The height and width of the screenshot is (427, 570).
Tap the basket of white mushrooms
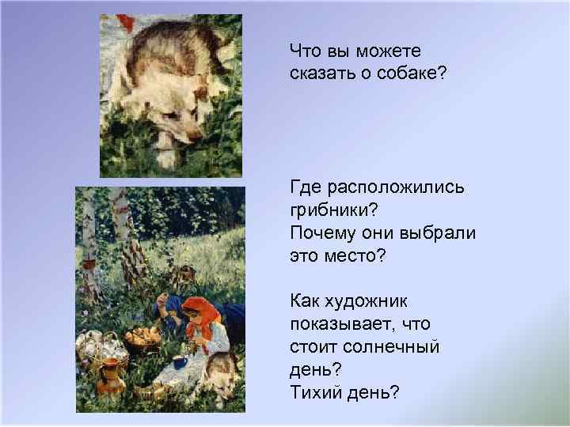click(x=96, y=347)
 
